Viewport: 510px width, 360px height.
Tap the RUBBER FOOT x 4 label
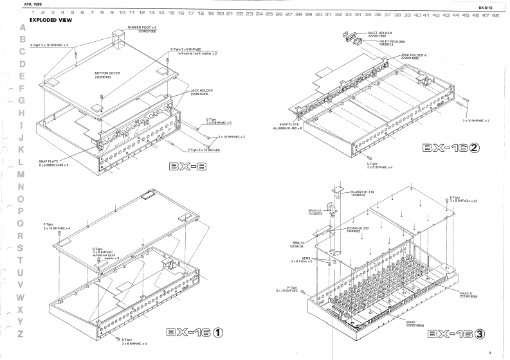tap(141, 29)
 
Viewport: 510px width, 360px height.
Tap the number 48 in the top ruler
tap(495, 14)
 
